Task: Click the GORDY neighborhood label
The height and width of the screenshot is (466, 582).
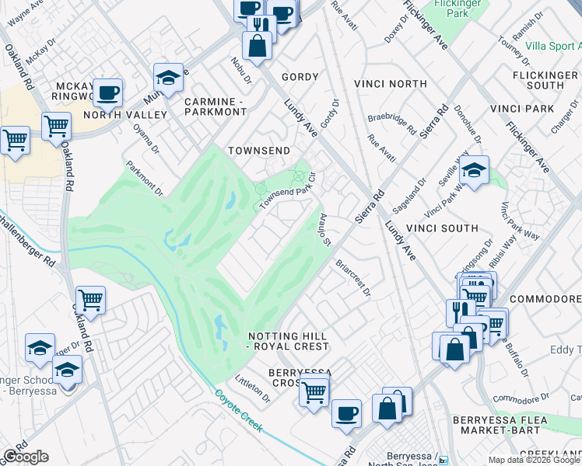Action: [x=300, y=77]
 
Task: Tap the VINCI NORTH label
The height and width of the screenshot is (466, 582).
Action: [x=390, y=83]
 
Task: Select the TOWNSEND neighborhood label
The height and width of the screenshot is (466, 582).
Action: [x=258, y=150]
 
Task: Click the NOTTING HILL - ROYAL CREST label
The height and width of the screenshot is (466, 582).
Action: [x=288, y=341]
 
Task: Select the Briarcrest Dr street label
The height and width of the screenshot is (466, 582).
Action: [x=352, y=278]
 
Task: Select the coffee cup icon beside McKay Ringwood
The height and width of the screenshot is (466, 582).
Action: [x=108, y=92]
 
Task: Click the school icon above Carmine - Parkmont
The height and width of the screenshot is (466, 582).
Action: [x=168, y=77]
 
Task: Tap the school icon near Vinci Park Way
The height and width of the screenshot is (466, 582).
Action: [x=473, y=170]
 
